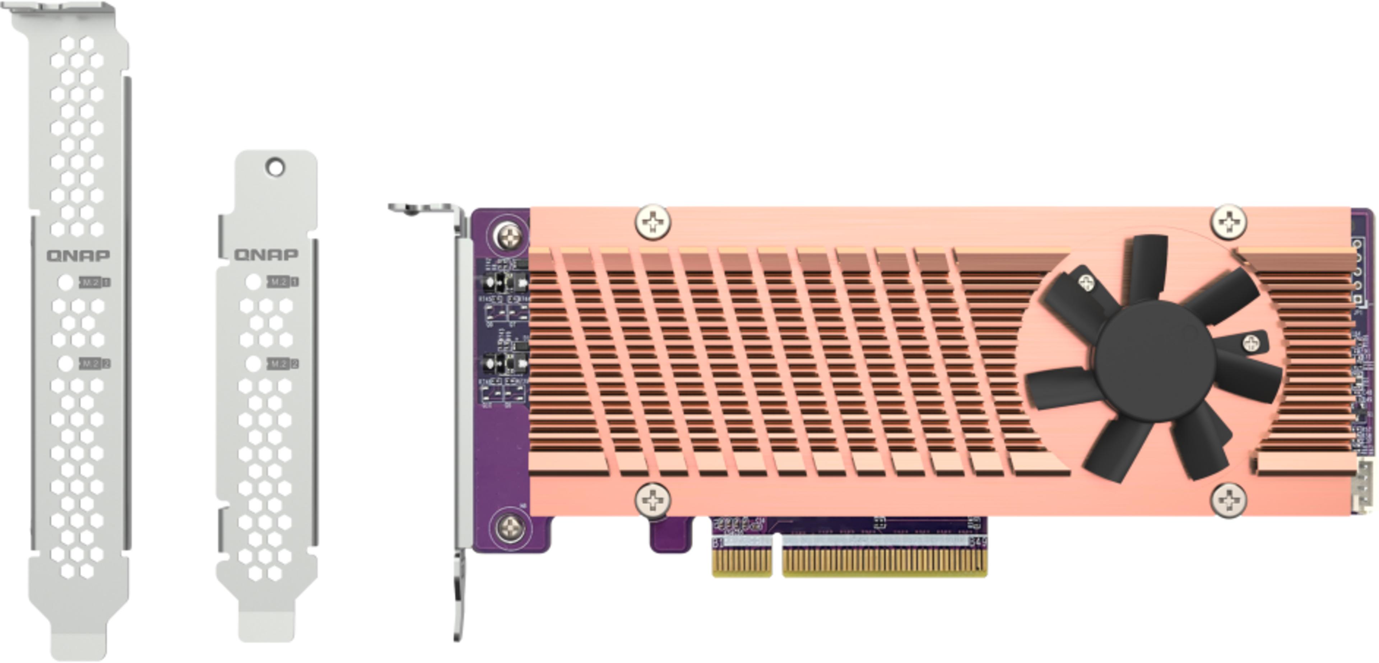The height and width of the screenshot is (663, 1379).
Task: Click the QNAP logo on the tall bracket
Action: click(x=78, y=255)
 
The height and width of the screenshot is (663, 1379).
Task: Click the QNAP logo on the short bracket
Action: click(x=266, y=254)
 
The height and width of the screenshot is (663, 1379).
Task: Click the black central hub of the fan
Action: click(x=1155, y=361)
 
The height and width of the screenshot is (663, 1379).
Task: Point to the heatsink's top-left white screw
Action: click(x=653, y=221)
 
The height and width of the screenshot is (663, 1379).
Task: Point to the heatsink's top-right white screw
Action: click(x=1228, y=220)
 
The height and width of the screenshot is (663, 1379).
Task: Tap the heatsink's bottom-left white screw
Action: click(x=653, y=500)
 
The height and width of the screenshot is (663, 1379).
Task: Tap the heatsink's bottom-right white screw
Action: click(x=1228, y=500)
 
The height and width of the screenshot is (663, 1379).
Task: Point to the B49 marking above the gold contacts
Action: click(x=978, y=542)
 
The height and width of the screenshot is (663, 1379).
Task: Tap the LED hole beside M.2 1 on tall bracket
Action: click(x=66, y=282)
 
